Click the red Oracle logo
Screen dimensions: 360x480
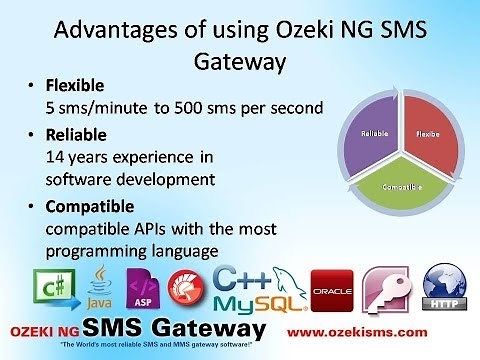coord(332,289)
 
